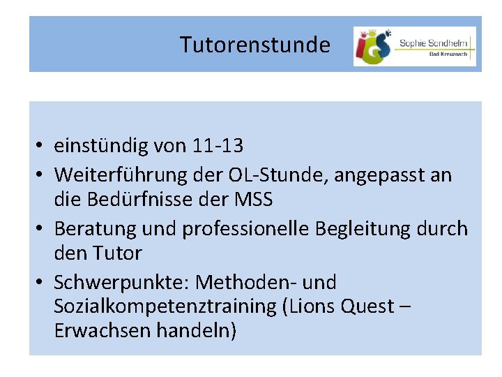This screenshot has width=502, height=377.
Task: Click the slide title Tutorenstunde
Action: [x=254, y=45]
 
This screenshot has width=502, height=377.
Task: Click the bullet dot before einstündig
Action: [x=42, y=146]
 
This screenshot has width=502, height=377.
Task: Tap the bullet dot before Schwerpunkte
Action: [x=42, y=283]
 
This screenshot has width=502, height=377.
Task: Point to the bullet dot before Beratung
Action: [x=42, y=228]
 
